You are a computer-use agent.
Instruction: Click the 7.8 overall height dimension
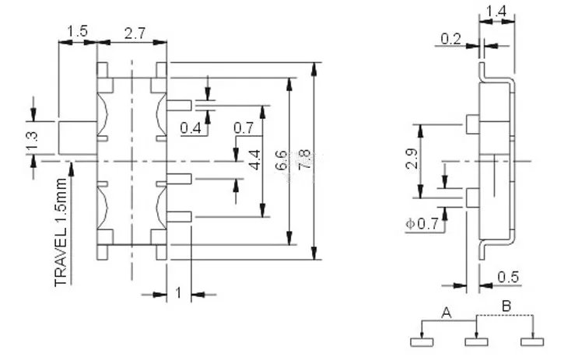click(305, 159)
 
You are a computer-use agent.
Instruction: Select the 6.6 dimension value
click(282, 159)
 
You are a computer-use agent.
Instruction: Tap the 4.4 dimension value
click(254, 159)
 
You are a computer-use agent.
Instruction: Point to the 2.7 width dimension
click(135, 33)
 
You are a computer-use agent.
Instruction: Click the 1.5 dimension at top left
click(78, 31)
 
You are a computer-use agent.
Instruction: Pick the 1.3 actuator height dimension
click(32, 142)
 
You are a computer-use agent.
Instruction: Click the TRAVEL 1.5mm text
click(61, 232)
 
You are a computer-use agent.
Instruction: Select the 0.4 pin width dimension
click(191, 128)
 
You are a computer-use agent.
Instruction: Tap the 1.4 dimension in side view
click(496, 12)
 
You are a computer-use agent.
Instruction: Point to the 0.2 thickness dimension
click(451, 39)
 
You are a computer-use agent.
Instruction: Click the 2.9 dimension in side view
click(412, 159)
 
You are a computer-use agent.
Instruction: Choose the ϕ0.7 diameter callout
click(422, 223)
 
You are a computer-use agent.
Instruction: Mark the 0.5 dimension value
click(508, 277)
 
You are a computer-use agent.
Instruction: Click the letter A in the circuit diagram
click(447, 313)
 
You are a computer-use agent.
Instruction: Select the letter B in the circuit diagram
click(507, 306)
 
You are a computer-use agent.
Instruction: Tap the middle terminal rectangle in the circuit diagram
click(476, 342)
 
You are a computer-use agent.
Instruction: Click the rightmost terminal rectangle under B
click(532, 342)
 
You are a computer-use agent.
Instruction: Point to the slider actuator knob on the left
click(78, 138)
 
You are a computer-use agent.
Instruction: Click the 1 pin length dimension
click(179, 294)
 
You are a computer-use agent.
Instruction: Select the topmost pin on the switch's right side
click(179, 106)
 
